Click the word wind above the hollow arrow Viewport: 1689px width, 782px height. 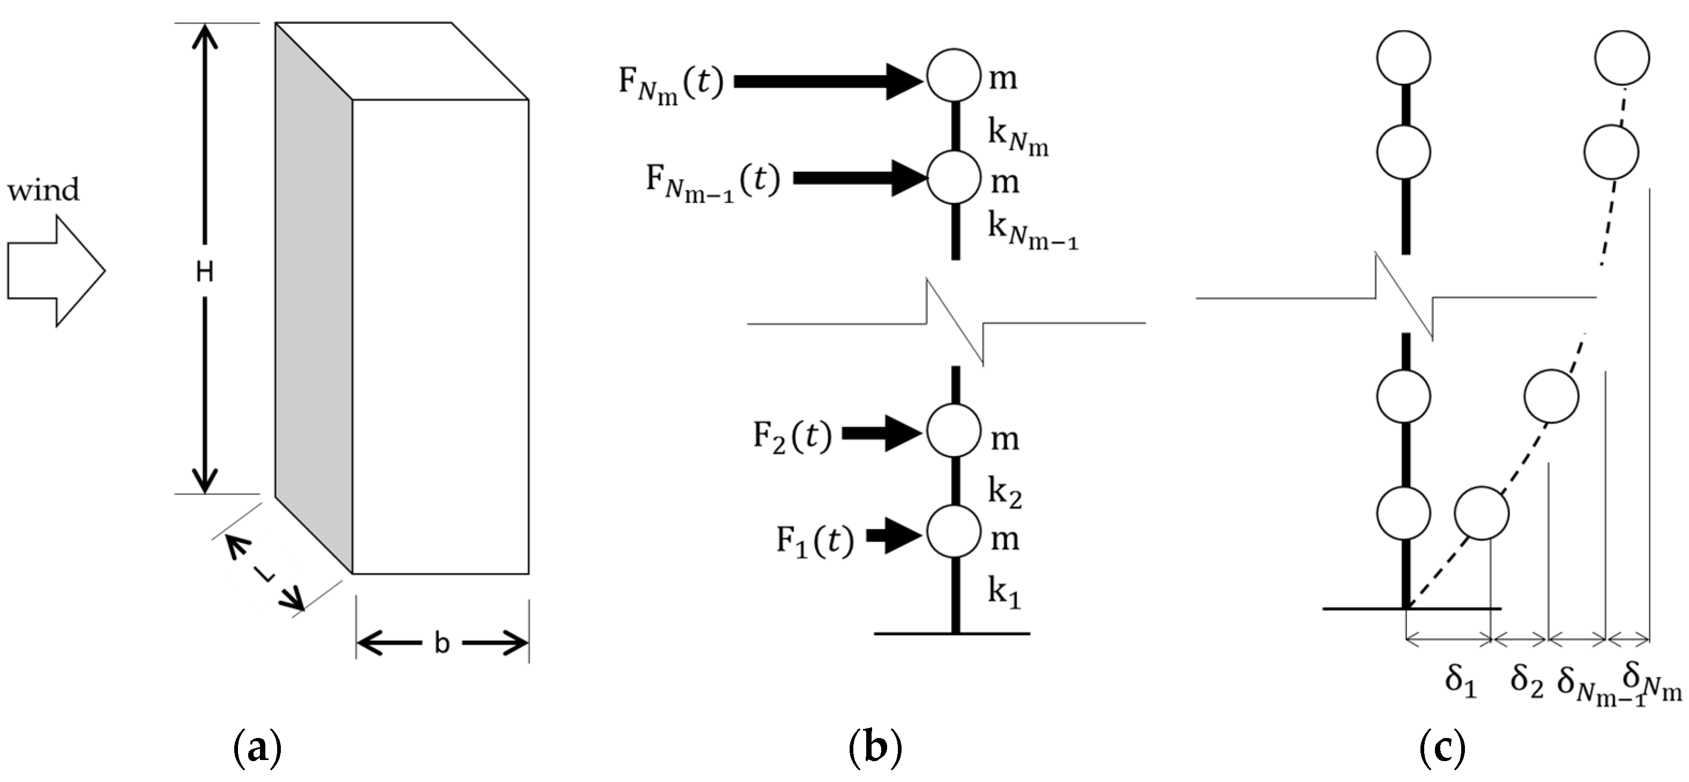[x=43, y=190]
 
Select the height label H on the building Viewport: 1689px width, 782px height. [x=205, y=271]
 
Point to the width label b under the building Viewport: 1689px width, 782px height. [x=442, y=644]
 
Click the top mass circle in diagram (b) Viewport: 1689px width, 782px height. [x=954, y=76]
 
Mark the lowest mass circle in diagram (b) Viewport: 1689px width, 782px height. [x=954, y=532]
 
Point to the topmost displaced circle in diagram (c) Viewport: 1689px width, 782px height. [x=1622, y=58]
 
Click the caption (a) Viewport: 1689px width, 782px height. [x=257, y=748]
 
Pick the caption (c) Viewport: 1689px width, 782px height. [x=1442, y=748]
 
